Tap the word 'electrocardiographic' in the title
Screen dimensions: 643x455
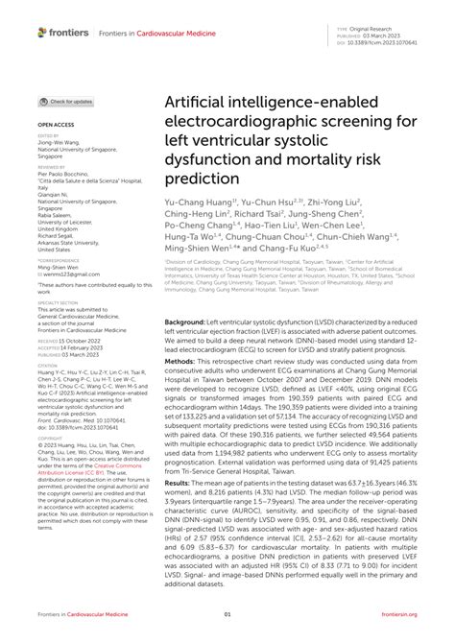263,122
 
